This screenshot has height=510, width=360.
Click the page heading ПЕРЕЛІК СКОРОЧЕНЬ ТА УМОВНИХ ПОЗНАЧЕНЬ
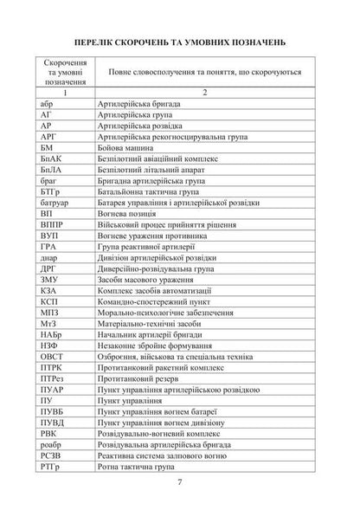pyautogui.click(x=179, y=42)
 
